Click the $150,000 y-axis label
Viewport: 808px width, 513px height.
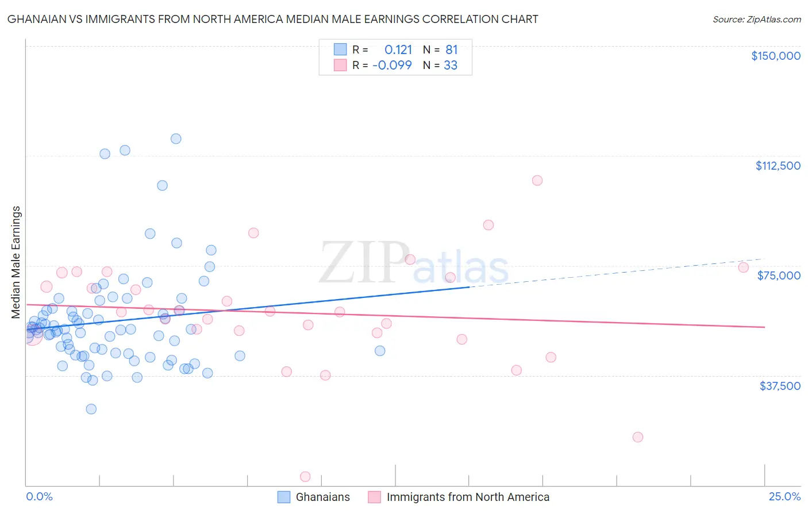tap(775, 56)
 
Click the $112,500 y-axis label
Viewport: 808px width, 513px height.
tap(778, 166)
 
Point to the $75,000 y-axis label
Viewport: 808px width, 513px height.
tap(779, 275)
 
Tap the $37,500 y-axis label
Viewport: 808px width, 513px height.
tap(780, 386)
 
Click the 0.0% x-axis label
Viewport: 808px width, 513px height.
tap(39, 496)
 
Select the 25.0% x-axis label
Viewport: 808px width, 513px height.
tap(784, 496)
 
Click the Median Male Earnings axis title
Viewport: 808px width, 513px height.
tap(16, 262)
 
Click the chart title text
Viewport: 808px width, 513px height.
tap(272, 19)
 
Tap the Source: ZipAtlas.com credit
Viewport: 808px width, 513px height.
tap(756, 19)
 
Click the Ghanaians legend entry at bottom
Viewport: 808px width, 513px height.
tap(322, 497)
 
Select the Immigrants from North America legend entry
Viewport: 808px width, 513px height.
tap(468, 497)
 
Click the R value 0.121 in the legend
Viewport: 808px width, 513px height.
tap(398, 49)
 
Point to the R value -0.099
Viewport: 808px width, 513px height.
tap(392, 65)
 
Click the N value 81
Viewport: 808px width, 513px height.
tap(451, 49)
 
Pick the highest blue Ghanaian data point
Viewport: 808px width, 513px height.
tap(176, 139)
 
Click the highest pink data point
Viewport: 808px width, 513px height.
tap(537, 181)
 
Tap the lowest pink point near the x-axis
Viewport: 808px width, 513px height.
tap(306, 477)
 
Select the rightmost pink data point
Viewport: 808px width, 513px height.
tap(743, 267)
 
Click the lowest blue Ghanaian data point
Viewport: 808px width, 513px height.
tap(91, 409)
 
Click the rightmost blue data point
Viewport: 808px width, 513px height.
tap(380, 351)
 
